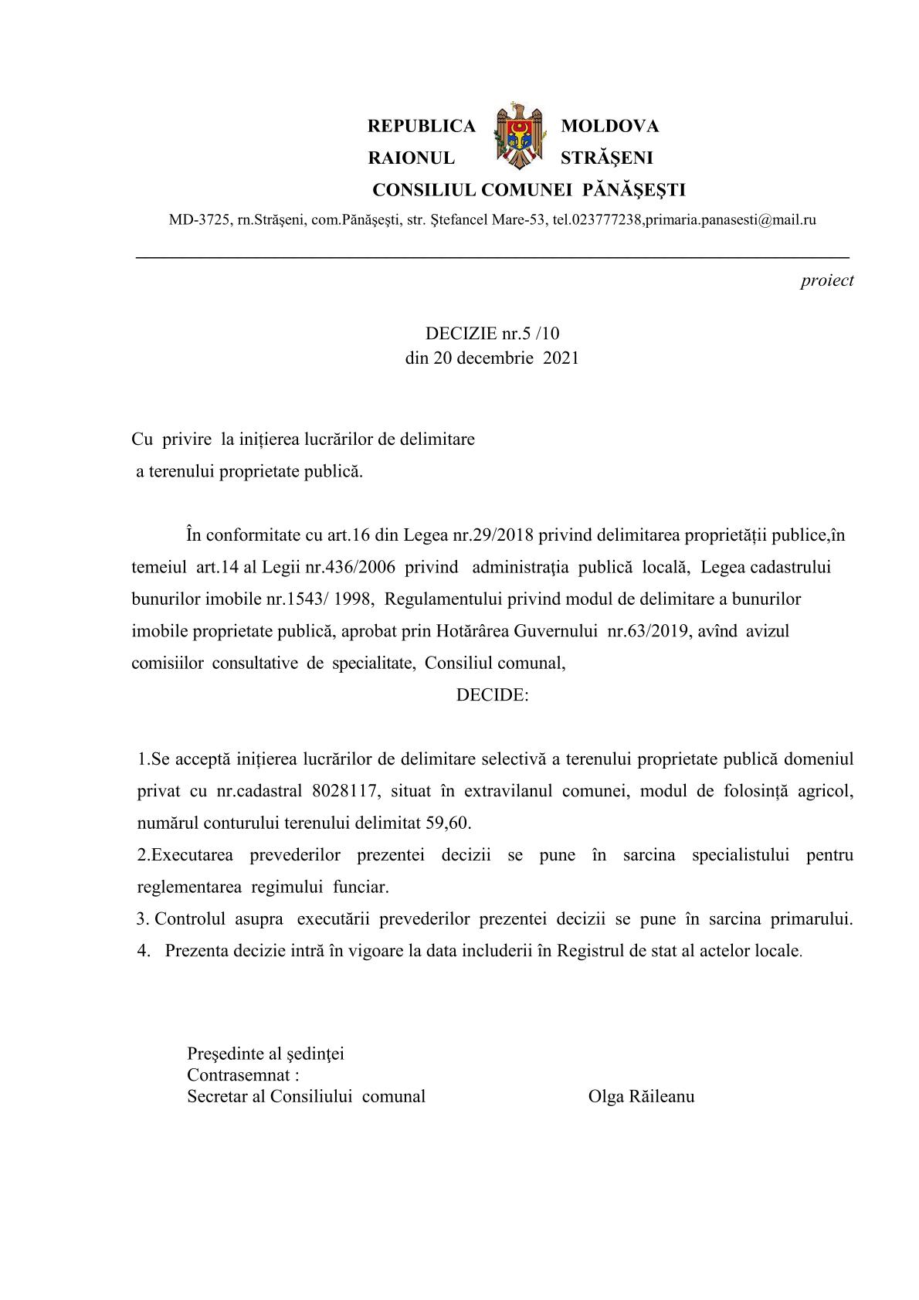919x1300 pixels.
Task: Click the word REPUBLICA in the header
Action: [422, 126]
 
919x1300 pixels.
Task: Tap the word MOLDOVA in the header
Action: [609, 126]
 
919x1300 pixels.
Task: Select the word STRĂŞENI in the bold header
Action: [606, 158]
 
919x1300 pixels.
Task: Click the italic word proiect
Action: [826, 281]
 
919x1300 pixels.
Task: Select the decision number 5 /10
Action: [541, 334]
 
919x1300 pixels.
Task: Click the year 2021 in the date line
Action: [561, 358]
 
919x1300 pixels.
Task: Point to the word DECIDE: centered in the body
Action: [492, 695]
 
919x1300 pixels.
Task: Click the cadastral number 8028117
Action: [348, 791]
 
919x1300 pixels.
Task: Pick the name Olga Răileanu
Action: [641, 1097]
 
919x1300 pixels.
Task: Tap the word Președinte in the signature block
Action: [223, 1054]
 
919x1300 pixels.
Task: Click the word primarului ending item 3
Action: [812, 919]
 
